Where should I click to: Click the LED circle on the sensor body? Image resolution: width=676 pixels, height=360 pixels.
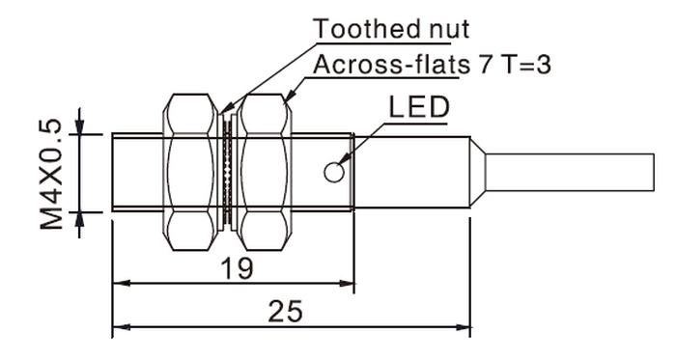click(334, 172)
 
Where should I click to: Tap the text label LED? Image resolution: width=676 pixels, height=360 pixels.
click(419, 107)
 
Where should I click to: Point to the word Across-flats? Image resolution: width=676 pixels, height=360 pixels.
click(391, 66)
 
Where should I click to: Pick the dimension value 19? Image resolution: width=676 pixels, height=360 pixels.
click(238, 268)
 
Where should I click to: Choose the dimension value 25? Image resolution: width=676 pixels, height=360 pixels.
click(285, 312)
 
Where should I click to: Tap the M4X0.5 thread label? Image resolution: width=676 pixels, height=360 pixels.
click(51, 174)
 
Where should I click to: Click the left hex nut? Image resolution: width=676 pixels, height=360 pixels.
click(190, 172)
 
